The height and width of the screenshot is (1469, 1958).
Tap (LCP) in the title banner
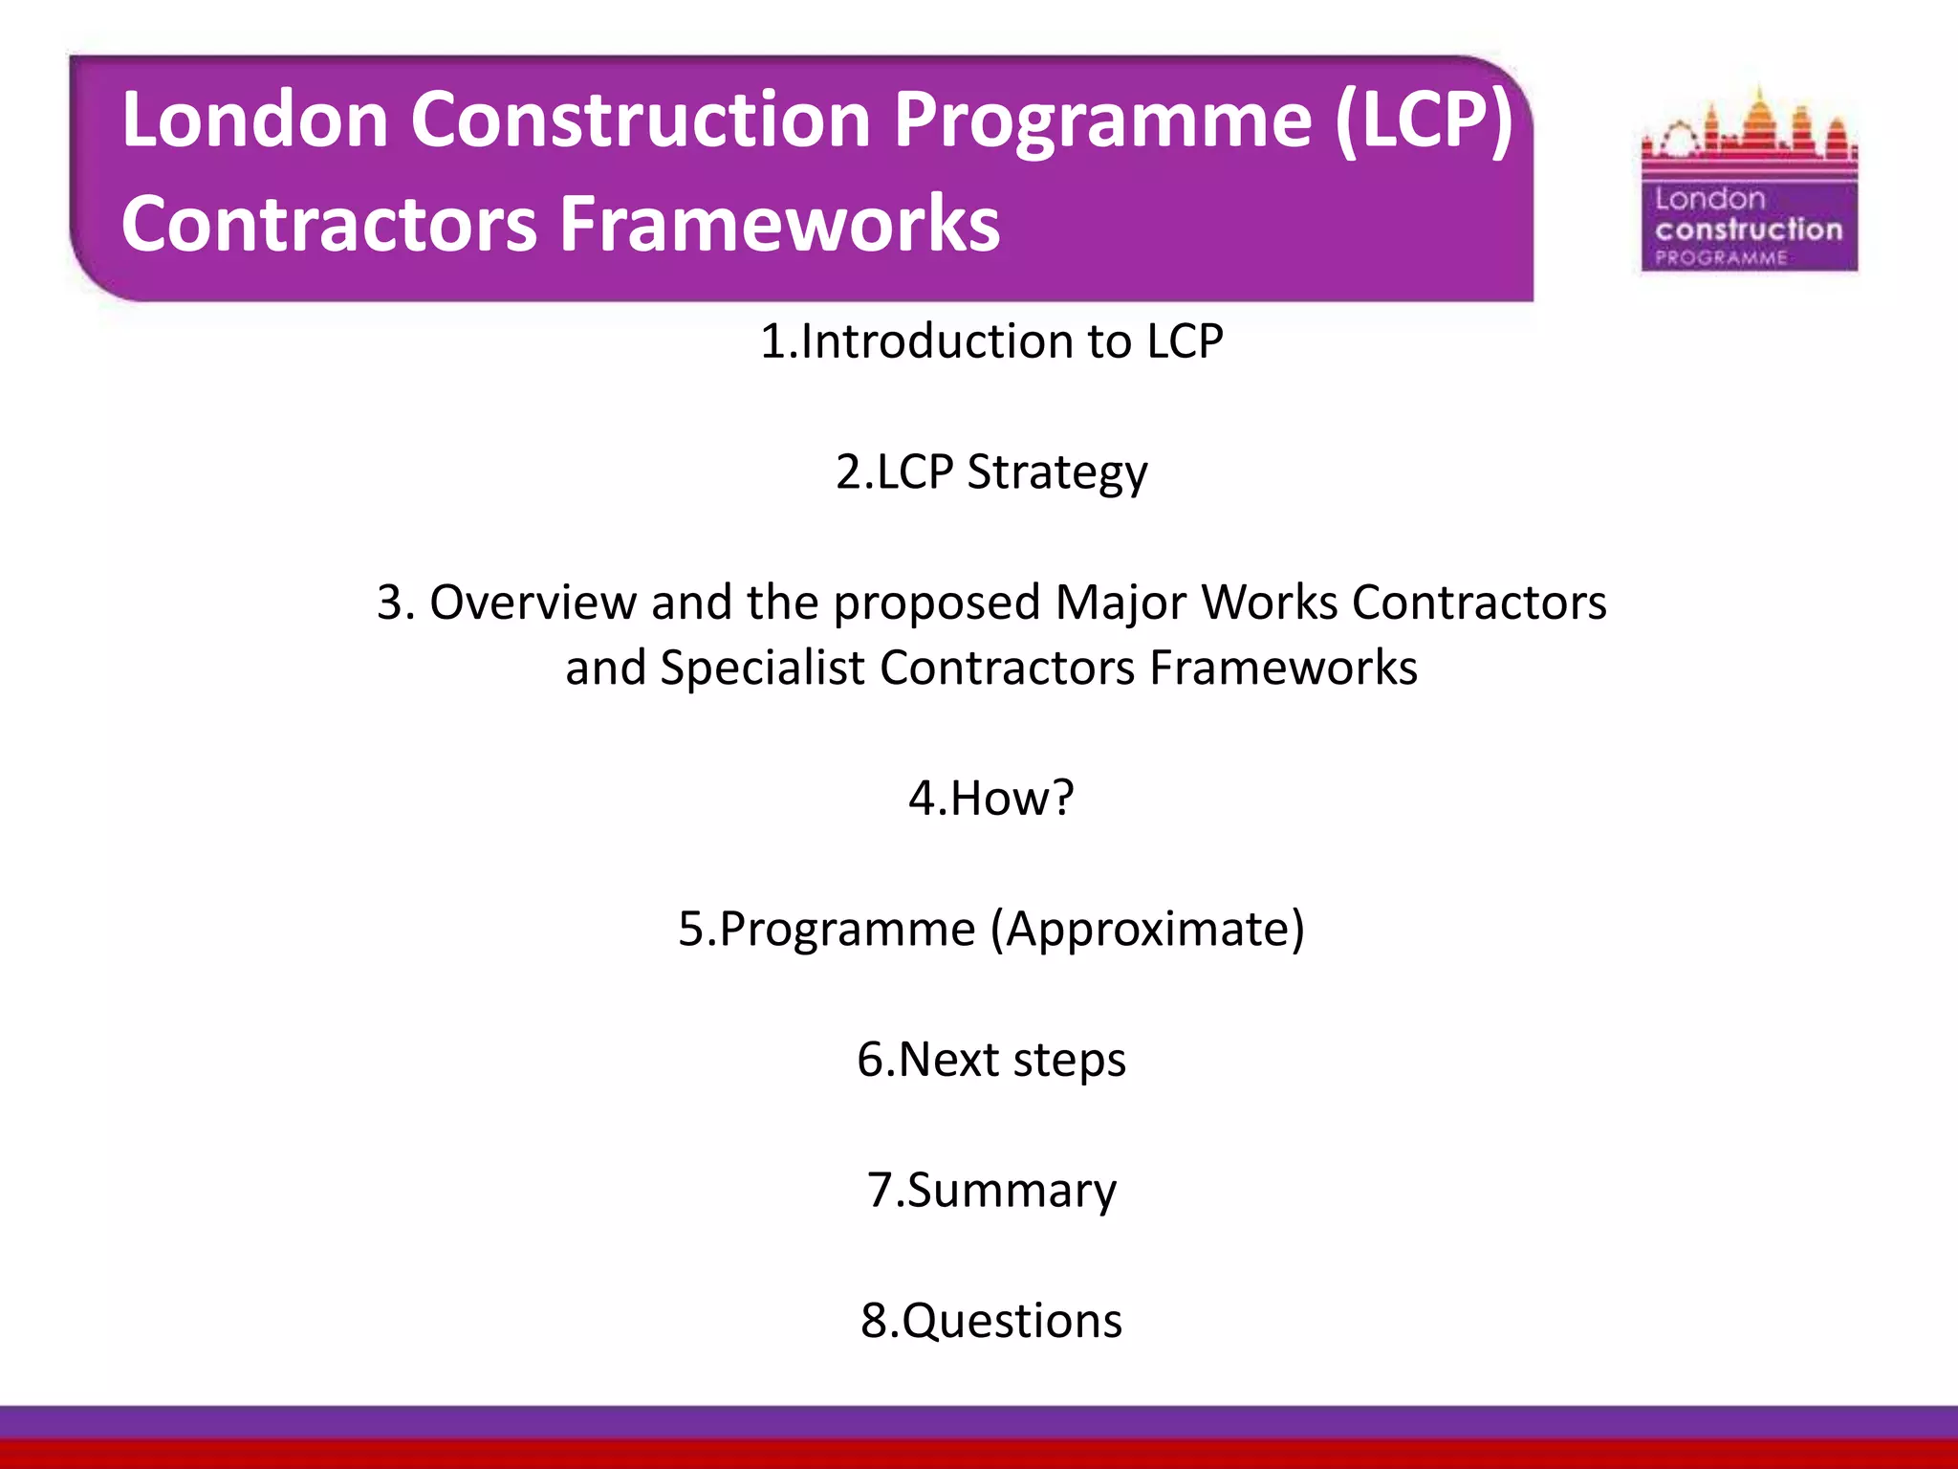pyautogui.click(x=1424, y=121)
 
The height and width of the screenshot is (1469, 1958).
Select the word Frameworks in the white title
pyautogui.click(x=779, y=224)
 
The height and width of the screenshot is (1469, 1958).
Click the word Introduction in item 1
pyautogui.click(x=937, y=341)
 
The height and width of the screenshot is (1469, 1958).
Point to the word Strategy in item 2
pyautogui.click(x=1056, y=472)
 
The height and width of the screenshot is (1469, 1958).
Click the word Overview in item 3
pyautogui.click(x=533, y=603)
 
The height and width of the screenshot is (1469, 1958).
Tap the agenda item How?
pyautogui.click(x=991, y=798)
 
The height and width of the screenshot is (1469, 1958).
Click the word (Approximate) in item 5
pyautogui.click(x=1147, y=930)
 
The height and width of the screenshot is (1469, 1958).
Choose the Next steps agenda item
pyautogui.click(x=991, y=1060)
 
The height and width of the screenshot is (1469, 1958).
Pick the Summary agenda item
pyautogui.click(x=991, y=1191)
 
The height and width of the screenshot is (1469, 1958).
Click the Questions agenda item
pyautogui.click(x=991, y=1321)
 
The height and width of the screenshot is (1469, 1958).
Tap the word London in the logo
pyautogui.click(x=1709, y=199)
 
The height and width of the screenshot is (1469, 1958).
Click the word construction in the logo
pyautogui.click(x=1749, y=230)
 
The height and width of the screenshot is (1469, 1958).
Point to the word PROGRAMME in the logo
pyautogui.click(x=1721, y=257)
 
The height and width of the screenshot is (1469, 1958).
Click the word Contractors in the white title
pyautogui.click(x=329, y=224)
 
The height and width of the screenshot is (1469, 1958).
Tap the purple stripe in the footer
pyautogui.click(x=979, y=1422)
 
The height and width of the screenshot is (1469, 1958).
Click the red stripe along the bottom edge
pyautogui.click(x=979, y=1455)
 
